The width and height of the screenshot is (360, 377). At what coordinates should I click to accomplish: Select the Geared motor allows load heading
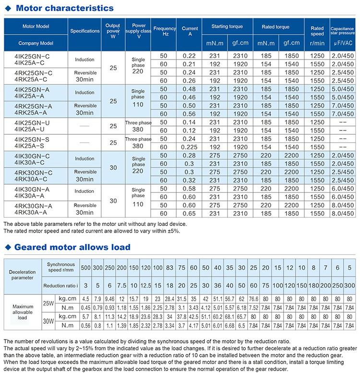click(x=72, y=247)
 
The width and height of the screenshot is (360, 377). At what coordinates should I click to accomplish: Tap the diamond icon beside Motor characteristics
click(x=7, y=8)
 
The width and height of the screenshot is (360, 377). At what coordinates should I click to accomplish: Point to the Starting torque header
click(x=227, y=26)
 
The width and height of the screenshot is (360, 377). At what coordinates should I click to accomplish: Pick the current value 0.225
click(x=190, y=147)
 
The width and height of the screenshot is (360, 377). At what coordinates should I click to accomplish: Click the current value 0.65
click(x=190, y=213)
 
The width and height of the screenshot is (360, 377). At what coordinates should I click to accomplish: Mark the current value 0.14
click(x=190, y=123)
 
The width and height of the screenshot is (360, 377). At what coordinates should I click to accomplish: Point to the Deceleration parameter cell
click(x=22, y=275)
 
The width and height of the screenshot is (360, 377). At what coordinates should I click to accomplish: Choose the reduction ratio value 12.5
click(x=145, y=286)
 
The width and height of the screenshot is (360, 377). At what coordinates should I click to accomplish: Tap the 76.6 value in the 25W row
click(x=253, y=299)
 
